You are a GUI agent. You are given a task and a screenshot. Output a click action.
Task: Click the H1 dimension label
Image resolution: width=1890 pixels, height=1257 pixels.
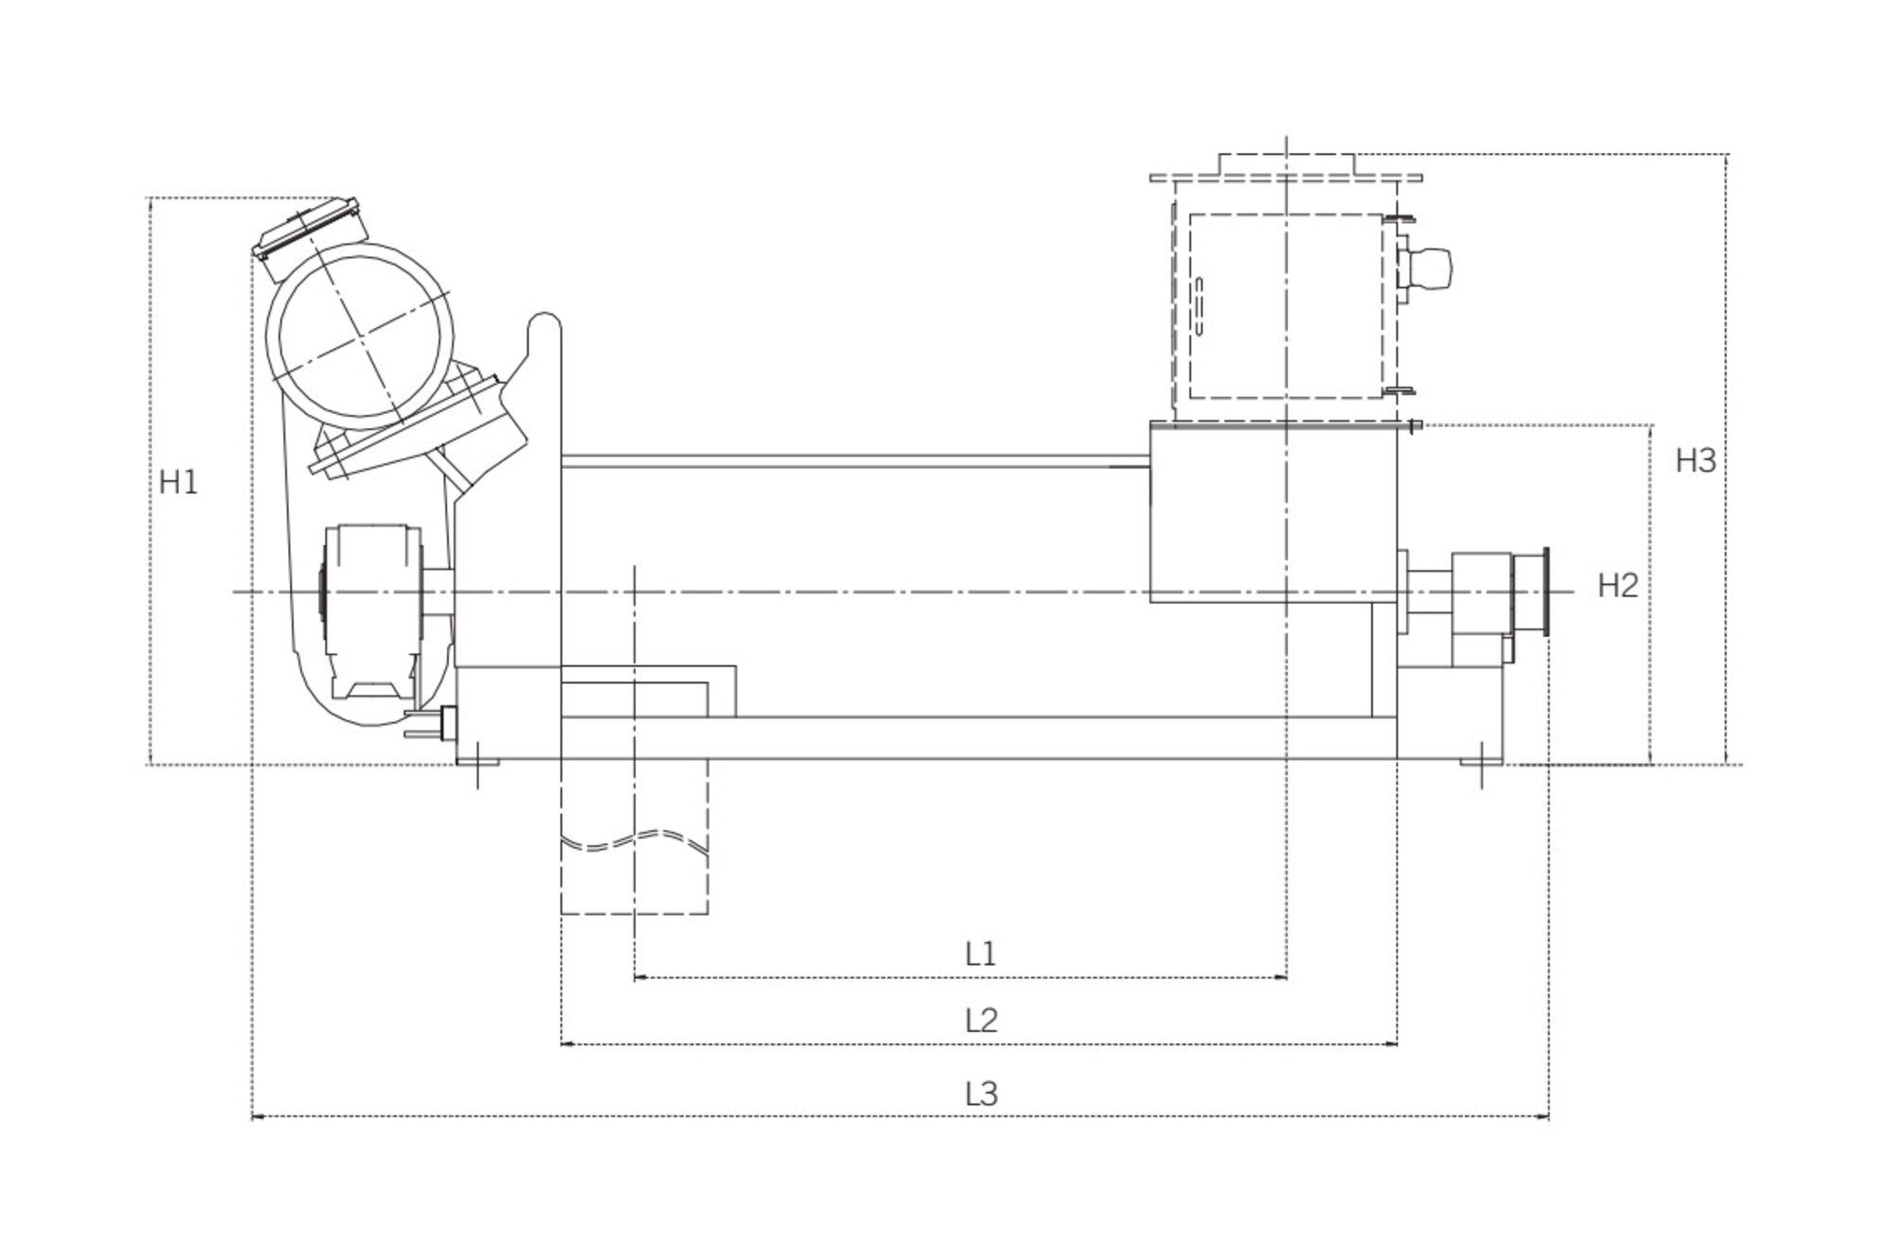tap(178, 483)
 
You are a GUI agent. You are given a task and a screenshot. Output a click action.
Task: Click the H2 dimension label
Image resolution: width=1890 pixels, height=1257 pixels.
tap(1617, 587)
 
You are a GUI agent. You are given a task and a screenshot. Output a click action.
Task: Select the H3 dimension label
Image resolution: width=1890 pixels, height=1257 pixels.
tap(1695, 461)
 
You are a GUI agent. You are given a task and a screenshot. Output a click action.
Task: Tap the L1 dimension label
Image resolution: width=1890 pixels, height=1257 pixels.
tap(981, 954)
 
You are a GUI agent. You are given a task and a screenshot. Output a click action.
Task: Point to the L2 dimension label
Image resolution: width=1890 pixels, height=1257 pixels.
tap(981, 1021)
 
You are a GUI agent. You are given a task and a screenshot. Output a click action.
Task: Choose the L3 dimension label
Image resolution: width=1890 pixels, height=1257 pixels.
tap(981, 1094)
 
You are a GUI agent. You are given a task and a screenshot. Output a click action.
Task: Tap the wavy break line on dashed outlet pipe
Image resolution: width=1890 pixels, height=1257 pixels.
tap(634, 840)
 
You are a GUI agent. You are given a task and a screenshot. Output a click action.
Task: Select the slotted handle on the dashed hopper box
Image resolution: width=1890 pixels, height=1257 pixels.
tap(1199, 305)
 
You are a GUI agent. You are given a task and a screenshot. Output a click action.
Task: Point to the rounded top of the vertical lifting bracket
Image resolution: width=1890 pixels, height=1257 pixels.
tap(546, 326)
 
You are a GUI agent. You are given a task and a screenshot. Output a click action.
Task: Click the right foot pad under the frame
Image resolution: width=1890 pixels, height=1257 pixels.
tap(1480, 760)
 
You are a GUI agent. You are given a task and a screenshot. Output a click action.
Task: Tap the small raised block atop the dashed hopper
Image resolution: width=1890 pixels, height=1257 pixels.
tap(1287, 163)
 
